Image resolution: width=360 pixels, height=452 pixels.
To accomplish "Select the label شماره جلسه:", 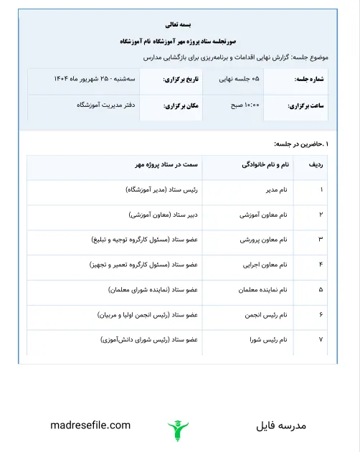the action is click(311, 78).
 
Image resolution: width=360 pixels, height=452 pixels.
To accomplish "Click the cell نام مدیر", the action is click(273, 190).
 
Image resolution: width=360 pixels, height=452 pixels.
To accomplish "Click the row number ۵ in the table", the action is click(321, 289).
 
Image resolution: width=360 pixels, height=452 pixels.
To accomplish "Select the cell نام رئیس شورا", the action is click(268, 338).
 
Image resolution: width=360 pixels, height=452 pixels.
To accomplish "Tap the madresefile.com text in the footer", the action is click(91, 425).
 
